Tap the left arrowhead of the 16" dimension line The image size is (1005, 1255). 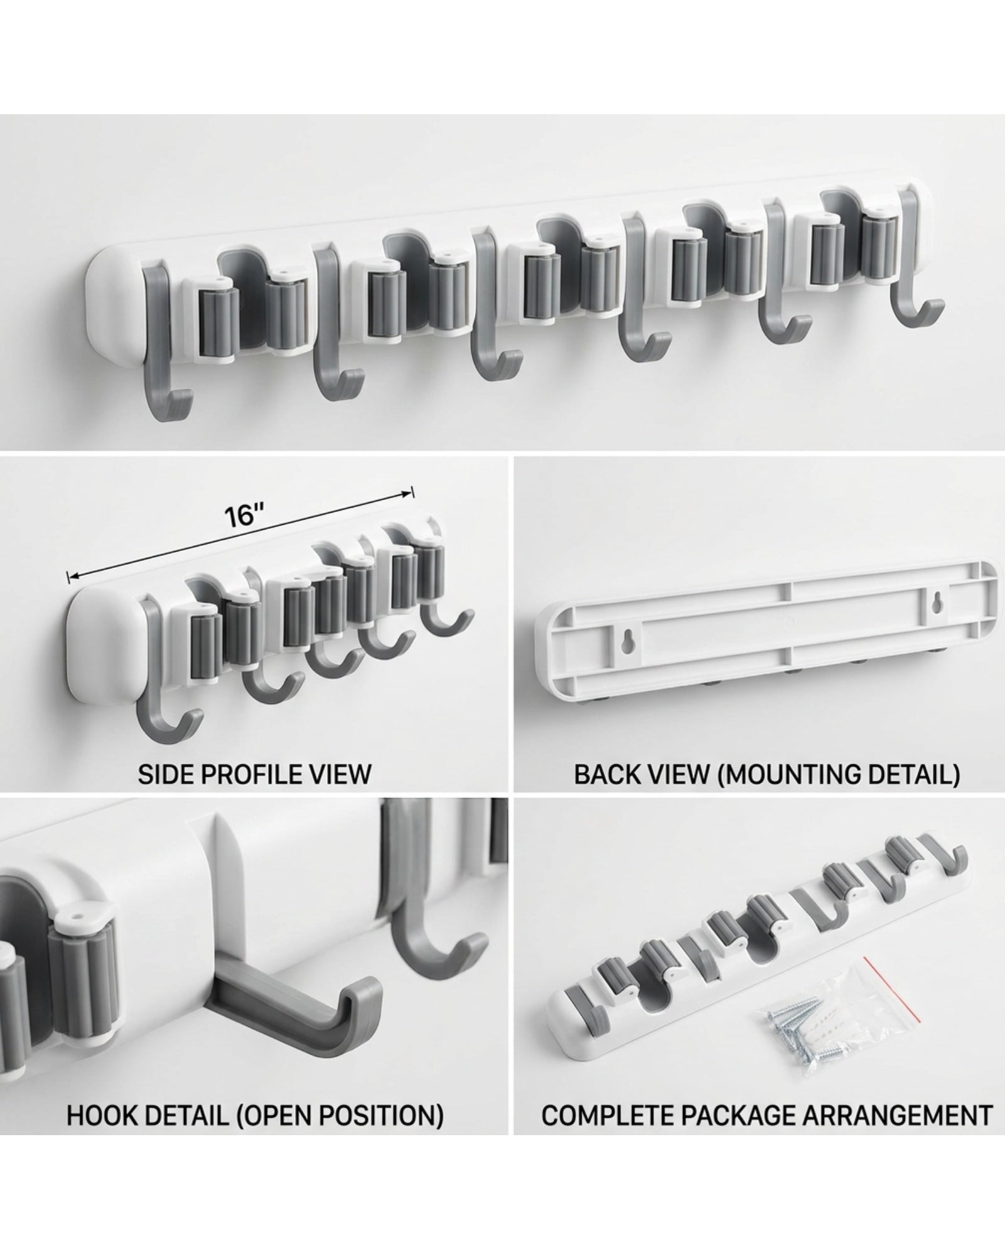(72, 575)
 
